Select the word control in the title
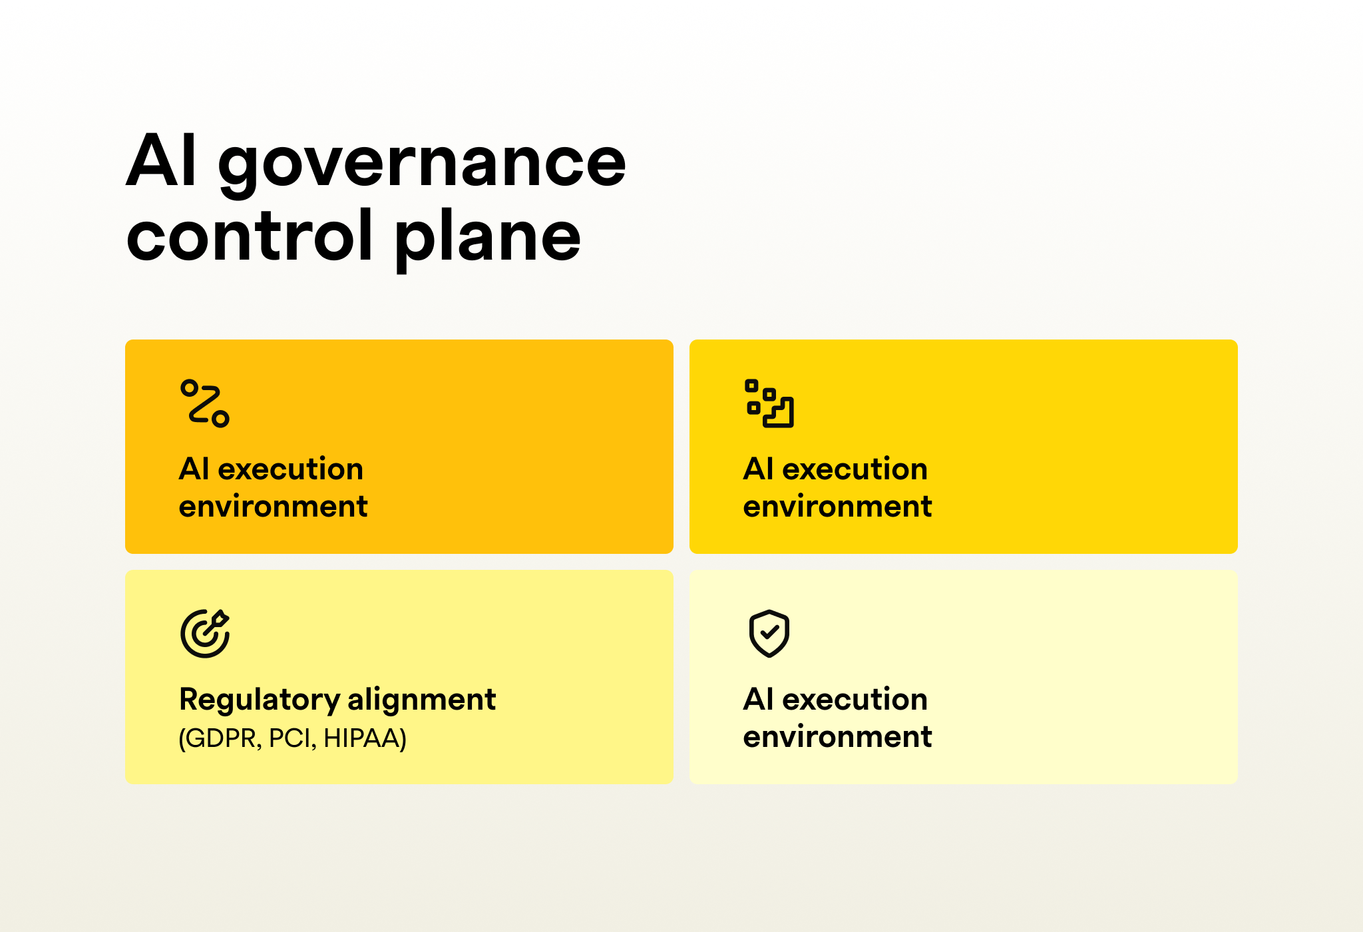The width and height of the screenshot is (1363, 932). tap(250, 234)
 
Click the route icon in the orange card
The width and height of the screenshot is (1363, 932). tap(204, 403)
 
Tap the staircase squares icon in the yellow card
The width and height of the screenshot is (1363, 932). tap(769, 403)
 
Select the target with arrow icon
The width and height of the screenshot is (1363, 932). tap(205, 633)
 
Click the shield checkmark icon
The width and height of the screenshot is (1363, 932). tap(769, 633)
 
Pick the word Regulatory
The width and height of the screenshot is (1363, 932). tap(260, 701)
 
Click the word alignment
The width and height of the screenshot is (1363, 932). tap(421, 700)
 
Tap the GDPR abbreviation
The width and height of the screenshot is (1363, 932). tap(220, 738)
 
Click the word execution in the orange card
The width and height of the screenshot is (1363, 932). tap(291, 469)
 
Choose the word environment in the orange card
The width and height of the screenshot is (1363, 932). tap(273, 507)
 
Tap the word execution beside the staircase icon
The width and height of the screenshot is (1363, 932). tap(855, 469)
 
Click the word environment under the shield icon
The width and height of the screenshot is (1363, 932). tap(837, 737)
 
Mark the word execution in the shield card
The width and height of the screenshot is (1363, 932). tap(855, 700)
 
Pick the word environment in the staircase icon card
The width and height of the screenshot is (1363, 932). tap(837, 507)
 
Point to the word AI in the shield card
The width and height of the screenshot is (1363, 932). tap(759, 700)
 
